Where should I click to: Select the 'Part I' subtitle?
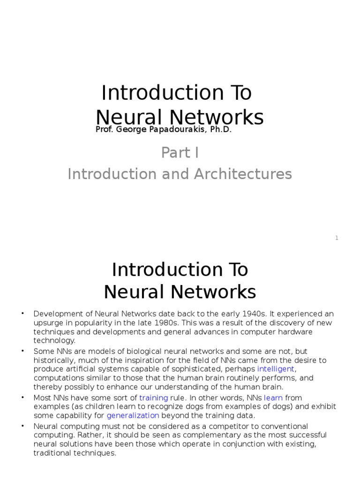pyautogui.click(x=177, y=153)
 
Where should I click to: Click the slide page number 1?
pyautogui.click(x=337, y=238)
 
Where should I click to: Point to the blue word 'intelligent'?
pyautogui.click(x=276, y=369)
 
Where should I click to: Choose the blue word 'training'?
pyautogui.click(x=153, y=397)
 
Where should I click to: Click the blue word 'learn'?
pyautogui.click(x=273, y=397)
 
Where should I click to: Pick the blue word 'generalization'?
pyautogui.click(x=133, y=415)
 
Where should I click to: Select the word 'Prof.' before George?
pyautogui.click(x=104, y=130)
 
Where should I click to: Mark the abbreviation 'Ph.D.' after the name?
pyautogui.click(x=221, y=130)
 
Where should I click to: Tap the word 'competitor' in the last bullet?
pyautogui.click(x=227, y=426)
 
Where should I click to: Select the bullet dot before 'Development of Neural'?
pyautogui.click(x=22, y=314)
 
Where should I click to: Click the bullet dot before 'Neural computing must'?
pyautogui.click(x=22, y=426)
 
